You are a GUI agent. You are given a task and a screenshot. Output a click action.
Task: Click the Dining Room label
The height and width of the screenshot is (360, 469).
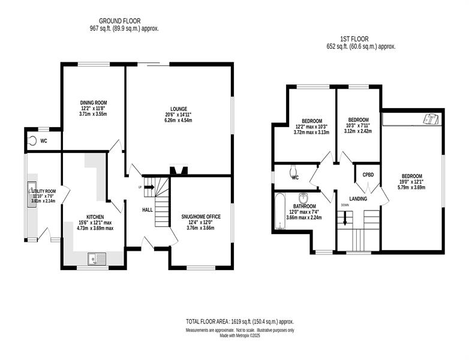point(94,103)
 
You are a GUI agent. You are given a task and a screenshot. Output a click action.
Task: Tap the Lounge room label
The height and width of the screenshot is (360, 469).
point(179,109)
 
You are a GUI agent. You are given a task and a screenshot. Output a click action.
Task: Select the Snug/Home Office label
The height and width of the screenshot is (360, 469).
point(201,217)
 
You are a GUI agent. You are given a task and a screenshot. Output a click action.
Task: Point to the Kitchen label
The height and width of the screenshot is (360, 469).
point(95,217)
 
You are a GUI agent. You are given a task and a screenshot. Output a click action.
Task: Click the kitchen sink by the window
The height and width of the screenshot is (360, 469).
point(97,259)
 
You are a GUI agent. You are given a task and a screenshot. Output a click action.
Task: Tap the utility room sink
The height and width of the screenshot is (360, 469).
point(32,194)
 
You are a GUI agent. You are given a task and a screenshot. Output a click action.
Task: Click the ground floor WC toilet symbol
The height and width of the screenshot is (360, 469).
point(32,140)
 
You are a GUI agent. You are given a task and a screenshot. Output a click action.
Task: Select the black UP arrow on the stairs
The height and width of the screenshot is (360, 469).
point(149,187)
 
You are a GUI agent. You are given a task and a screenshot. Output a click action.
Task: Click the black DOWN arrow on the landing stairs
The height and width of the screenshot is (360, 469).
point(345,218)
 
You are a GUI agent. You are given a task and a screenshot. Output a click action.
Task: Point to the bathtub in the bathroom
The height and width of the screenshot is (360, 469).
point(279,211)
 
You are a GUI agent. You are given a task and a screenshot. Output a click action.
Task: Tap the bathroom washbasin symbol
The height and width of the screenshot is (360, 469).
point(303,198)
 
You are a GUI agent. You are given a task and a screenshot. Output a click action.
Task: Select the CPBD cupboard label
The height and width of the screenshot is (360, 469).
point(368,175)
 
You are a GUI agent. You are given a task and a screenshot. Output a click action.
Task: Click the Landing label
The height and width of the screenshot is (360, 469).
point(358,199)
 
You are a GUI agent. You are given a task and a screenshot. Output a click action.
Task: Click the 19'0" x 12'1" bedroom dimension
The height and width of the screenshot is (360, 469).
point(412,182)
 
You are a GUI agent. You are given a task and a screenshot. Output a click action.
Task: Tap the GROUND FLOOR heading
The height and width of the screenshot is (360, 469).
point(119,21)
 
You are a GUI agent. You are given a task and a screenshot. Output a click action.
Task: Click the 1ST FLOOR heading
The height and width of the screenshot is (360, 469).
point(354,39)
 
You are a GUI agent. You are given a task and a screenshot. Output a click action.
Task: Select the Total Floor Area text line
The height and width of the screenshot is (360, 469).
point(240,322)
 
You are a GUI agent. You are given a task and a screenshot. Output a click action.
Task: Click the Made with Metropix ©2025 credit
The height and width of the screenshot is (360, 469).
point(240,336)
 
